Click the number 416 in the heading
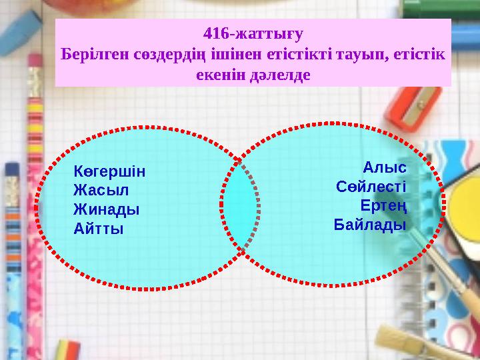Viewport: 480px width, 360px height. (x=215, y=31)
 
